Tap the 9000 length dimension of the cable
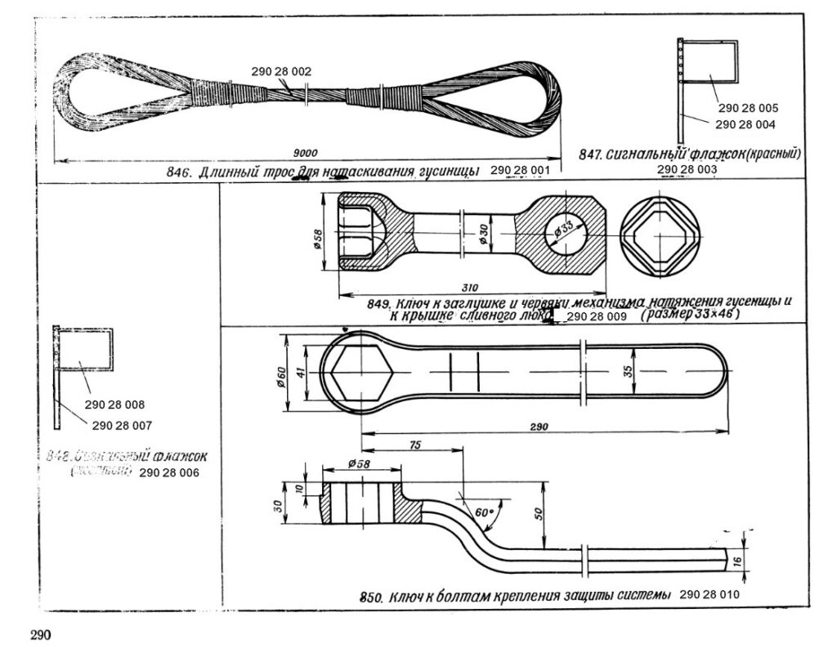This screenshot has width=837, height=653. click(x=306, y=152)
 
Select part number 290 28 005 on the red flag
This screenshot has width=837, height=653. click(x=749, y=108)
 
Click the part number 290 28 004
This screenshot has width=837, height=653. click(x=745, y=124)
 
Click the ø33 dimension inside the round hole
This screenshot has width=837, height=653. click(x=562, y=231)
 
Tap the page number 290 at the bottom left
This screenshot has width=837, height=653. click(x=42, y=635)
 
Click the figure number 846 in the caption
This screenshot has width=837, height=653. click(x=178, y=172)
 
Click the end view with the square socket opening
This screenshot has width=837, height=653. click(x=661, y=235)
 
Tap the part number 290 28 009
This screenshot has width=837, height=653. click(x=596, y=315)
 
